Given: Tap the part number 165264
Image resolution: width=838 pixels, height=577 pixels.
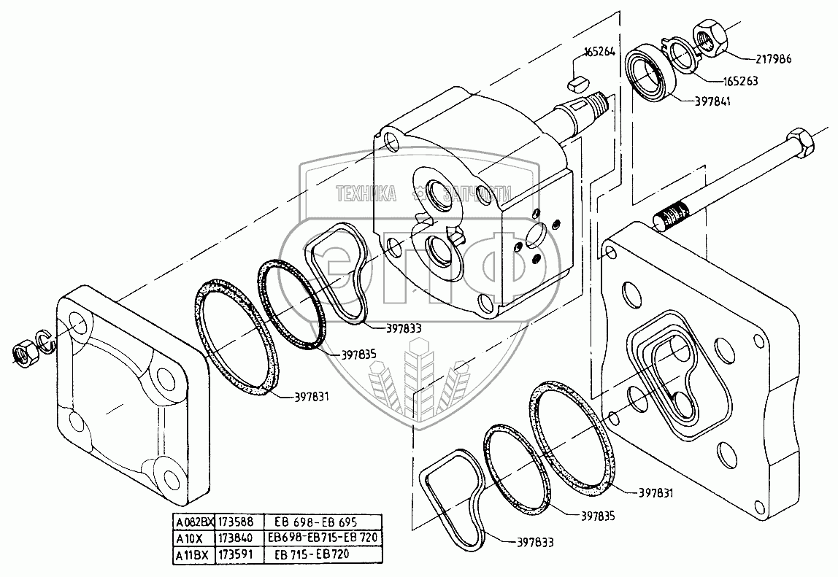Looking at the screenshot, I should (599, 52).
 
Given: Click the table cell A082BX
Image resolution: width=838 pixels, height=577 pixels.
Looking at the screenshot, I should (192, 522).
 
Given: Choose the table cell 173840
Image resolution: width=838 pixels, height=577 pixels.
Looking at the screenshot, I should (234, 538).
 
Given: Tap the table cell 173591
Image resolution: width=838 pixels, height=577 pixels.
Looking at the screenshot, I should (234, 554).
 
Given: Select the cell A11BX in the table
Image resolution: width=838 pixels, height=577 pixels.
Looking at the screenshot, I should (192, 554).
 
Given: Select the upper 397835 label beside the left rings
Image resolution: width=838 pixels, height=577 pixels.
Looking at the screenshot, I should (358, 355).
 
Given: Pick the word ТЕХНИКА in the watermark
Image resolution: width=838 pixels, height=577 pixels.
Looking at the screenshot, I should (366, 193).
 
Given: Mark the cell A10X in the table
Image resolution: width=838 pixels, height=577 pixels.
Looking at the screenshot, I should (192, 538).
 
